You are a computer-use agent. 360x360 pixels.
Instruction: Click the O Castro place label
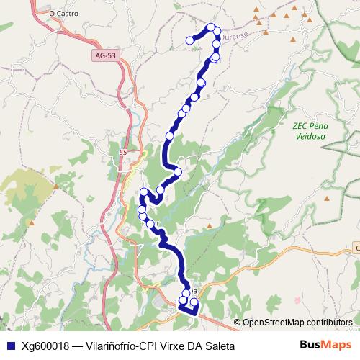tap(63, 12)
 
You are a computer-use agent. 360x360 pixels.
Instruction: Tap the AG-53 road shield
tap(104, 55)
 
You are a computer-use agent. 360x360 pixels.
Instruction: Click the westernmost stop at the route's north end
tap(190, 40)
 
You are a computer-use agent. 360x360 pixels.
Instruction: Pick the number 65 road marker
tap(123, 153)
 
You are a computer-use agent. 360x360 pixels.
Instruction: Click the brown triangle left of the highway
tap(55, 186)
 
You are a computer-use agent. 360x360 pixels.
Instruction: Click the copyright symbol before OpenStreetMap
tap(238, 323)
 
